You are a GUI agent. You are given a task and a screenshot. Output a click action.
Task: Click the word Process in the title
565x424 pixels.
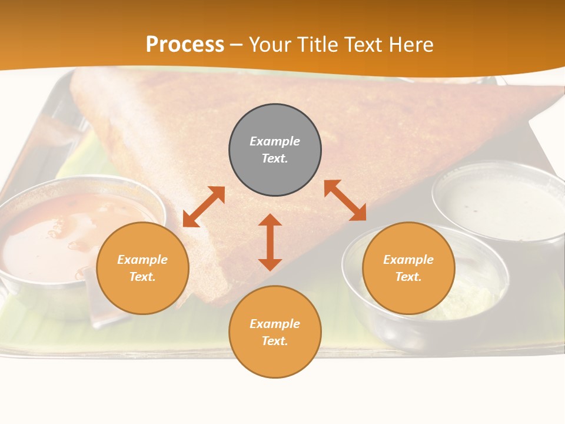coord(185,45)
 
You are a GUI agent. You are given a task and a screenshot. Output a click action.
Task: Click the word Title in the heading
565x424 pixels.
coord(318,45)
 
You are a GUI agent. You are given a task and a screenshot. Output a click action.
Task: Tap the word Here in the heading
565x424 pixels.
coord(411,45)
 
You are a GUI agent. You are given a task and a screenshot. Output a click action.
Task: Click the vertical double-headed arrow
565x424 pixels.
coord(270,242)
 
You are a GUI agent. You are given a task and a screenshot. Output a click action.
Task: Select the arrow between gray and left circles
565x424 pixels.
coord(204,207)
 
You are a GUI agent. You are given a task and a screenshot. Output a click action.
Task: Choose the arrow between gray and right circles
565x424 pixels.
coord(345,200)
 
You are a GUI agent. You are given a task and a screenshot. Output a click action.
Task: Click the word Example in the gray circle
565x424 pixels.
coord(275,141)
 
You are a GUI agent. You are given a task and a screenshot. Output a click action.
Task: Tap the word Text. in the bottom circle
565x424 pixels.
coord(275,341)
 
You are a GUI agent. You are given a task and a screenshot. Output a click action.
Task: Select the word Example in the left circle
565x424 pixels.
coord(142,260)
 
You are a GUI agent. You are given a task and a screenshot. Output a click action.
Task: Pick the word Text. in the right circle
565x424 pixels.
coord(408,277)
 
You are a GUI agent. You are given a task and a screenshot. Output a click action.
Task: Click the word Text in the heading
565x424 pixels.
coord(364,45)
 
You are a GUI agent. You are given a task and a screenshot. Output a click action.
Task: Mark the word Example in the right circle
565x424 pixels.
coord(408,260)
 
